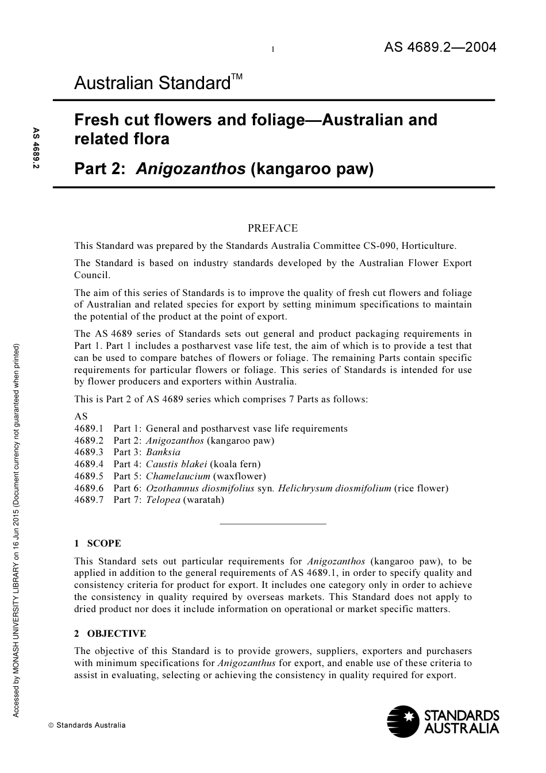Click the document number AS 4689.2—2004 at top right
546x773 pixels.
coord(440,47)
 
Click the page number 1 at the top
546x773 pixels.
coord(272,49)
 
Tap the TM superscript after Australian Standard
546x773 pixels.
coord(237,76)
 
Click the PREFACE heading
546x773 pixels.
coord(272,228)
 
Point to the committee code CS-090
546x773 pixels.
coord(379,246)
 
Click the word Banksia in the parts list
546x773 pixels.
coord(163,452)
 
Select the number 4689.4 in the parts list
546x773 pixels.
coord(89,464)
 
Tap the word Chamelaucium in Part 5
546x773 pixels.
coord(178,476)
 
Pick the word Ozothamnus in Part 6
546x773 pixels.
coord(171,489)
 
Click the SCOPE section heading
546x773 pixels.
coord(104,544)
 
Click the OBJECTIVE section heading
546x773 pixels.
coord(117,634)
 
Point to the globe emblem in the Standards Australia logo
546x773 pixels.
coord(403,722)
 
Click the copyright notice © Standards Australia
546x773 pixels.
coord(87,725)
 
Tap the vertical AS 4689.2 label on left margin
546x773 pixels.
coord(36,148)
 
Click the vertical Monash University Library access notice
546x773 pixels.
coord(16,530)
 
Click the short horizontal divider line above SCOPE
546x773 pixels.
coord(273,524)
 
